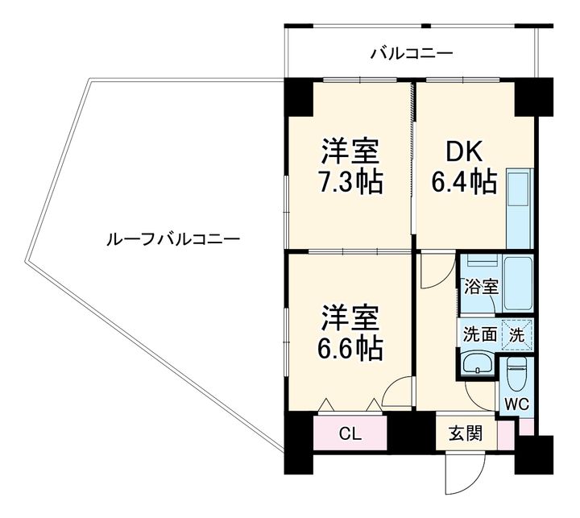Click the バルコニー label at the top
[x=411, y=54]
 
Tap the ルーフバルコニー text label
[x=171, y=239]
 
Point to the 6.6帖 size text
[x=350, y=347]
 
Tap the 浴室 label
[x=481, y=286]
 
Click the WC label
[x=516, y=404]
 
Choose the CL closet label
[x=350, y=434]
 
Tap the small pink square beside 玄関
[x=504, y=436]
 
